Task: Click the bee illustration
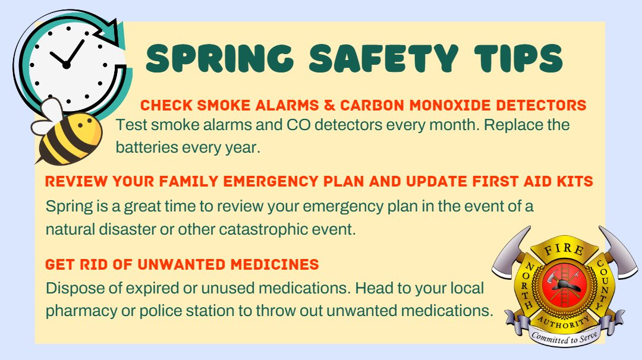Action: [65, 133]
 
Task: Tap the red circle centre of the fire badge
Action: [559, 285]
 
